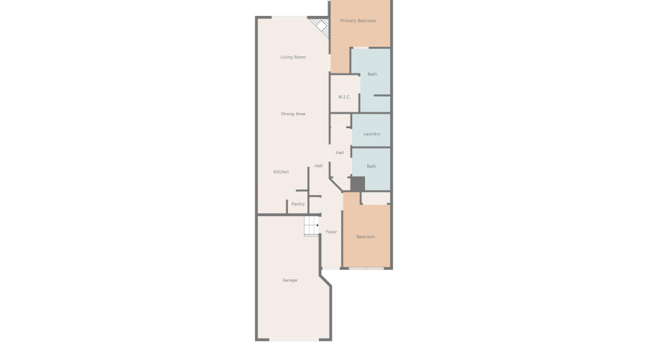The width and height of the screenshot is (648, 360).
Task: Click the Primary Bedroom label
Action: (x=358, y=21)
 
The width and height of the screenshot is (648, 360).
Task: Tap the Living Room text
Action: (x=293, y=57)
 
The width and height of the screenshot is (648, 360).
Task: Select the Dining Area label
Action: (x=293, y=114)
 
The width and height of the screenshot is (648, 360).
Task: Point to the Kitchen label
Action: (x=281, y=171)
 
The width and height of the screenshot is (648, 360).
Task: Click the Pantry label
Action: (x=298, y=204)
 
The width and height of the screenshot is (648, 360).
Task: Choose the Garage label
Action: (x=289, y=280)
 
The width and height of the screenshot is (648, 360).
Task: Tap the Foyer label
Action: (x=331, y=231)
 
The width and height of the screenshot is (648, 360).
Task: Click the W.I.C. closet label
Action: (x=344, y=96)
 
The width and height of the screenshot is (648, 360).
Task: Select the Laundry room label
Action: (x=372, y=133)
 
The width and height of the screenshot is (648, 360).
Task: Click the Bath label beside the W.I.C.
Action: (x=372, y=74)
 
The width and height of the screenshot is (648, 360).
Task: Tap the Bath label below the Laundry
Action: (x=372, y=166)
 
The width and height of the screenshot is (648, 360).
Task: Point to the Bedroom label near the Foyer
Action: (x=366, y=236)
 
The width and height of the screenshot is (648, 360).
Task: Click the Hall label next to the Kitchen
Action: (x=319, y=166)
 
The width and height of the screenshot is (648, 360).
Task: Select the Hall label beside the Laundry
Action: (x=340, y=153)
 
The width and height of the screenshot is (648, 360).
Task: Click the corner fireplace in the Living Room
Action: (x=320, y=26)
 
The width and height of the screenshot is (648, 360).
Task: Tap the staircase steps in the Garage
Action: (x=312, y=226)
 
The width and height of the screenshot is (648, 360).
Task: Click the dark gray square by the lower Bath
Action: (x=358, y=184)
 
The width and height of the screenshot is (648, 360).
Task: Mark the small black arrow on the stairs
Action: (x=318, y=225)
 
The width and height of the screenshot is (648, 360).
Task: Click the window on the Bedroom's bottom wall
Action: (x=366, y=269)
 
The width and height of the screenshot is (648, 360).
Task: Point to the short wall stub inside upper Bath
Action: (x=382, y=96)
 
